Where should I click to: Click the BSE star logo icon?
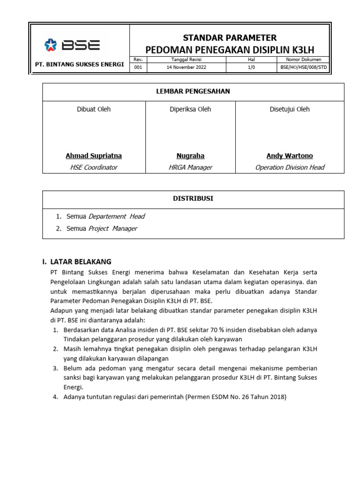[x=50, y=45]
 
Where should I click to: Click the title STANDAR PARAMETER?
[x=230, y=37]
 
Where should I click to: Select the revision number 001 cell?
[x=138, y=67]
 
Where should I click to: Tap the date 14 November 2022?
[x=186, y=67]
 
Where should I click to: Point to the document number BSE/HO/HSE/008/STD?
[x=304, y=67]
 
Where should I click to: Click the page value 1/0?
[x=251, y=67]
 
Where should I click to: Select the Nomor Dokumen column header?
[x=304, y=60]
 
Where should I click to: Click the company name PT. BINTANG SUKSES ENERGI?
[x=80, y=64]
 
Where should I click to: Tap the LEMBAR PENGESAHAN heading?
[x=193, y=91]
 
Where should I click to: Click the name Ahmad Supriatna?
[x=94, y=156]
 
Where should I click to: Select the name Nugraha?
[x=190, y=156]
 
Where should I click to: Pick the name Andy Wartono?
[x=290, y=156]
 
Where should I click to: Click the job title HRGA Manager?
[x=190, y=167]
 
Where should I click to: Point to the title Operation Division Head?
[x=290, y=167]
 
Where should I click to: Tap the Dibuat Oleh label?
[x=94, y=109]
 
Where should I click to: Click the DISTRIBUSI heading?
[x=193, y=198]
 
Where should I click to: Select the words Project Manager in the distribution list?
[x=113, y=229]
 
